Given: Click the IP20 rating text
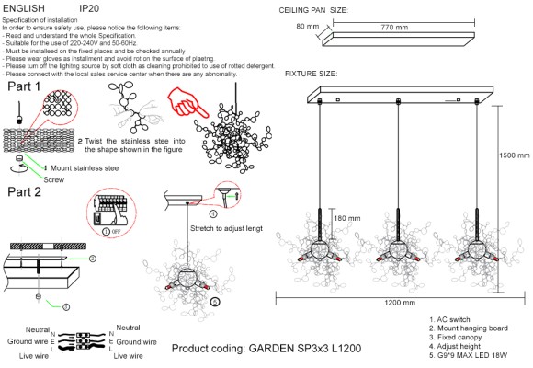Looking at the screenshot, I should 89,6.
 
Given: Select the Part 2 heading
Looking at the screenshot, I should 24,192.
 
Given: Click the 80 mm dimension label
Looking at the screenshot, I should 307,28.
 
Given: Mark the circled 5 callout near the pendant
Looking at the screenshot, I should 215,300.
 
